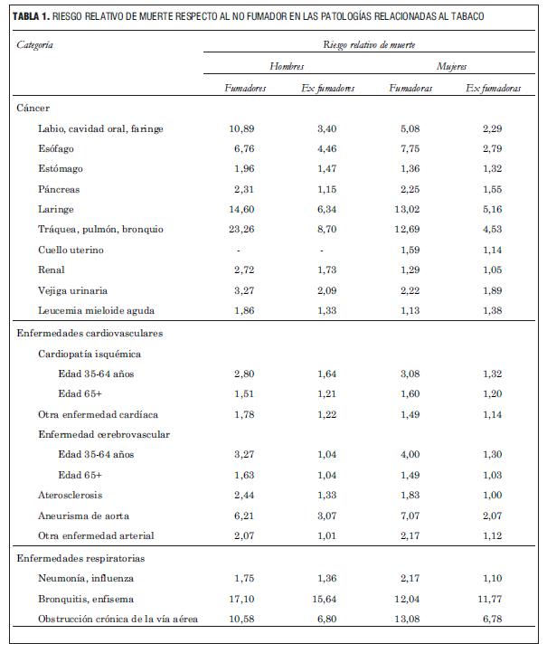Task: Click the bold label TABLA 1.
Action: (33, 16)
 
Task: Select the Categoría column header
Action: (35, 44)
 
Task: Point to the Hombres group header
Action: (287, 67)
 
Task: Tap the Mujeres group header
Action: (451, 67)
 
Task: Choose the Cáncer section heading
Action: (33, 109)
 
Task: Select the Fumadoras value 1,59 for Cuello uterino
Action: (410, 251)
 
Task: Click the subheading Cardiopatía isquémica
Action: (89, 354)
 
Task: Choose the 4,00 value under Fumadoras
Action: (410, 455)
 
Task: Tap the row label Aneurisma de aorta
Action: (82, 516)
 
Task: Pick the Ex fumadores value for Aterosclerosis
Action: (327, 496)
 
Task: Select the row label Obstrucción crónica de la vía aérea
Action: (118, 619)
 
